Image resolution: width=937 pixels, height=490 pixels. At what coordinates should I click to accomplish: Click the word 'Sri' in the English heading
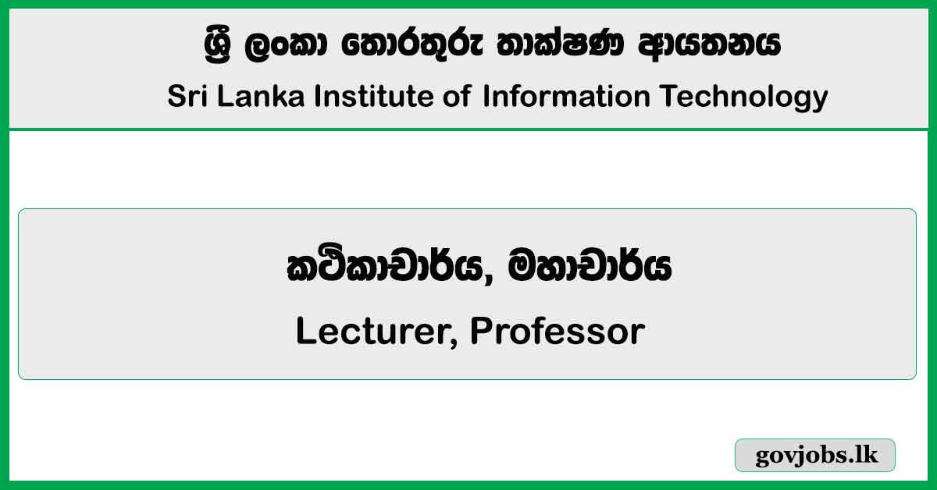coord(186,97)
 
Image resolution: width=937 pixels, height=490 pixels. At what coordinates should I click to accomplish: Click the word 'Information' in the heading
coord(566,97)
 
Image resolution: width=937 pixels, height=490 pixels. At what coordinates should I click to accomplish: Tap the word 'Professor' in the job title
coord(558,332)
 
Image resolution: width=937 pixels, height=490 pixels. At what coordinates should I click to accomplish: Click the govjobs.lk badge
coord(815,455)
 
